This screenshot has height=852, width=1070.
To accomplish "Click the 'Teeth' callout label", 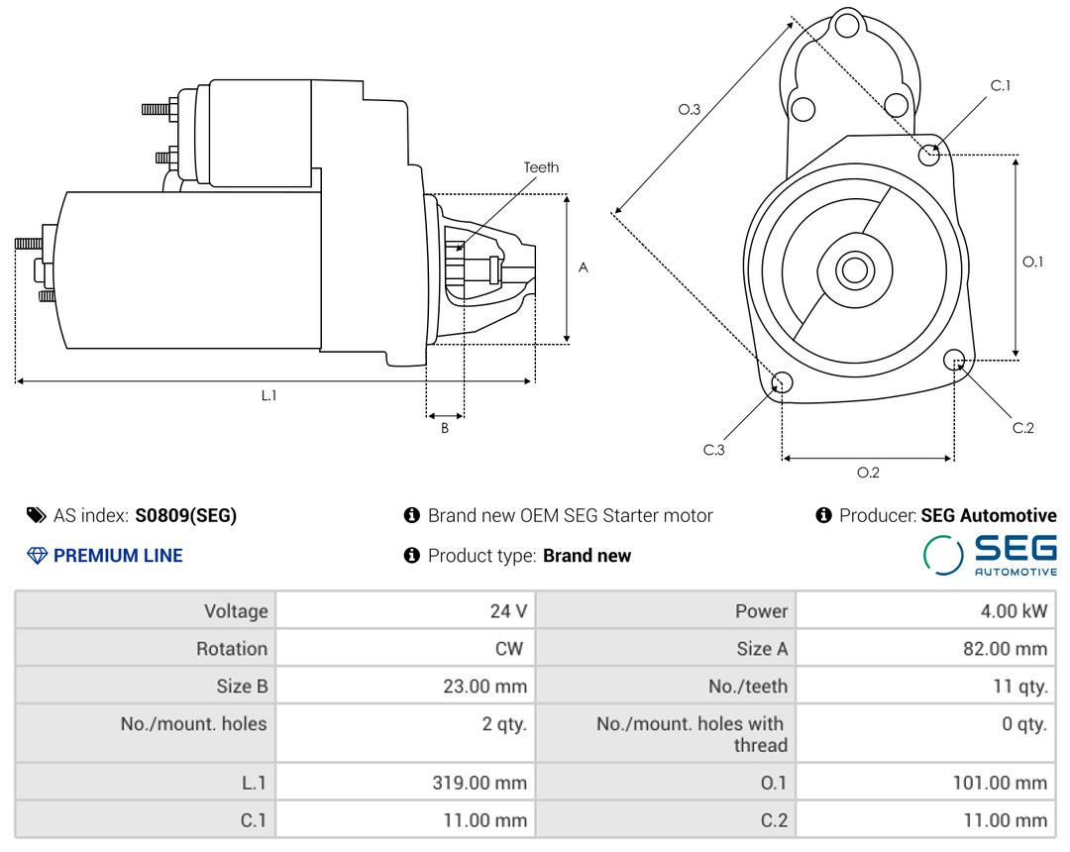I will click(541, 167).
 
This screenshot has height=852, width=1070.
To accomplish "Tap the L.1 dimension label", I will click(268, 395).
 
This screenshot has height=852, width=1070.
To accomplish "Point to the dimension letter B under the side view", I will click(445, 428).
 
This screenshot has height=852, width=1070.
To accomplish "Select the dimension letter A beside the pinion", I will click(584, 267).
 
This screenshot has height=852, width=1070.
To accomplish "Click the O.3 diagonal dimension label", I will click(690, 110).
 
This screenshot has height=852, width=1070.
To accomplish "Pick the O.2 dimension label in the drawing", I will click(868, 473).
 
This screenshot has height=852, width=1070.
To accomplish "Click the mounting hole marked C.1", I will click(929, 154).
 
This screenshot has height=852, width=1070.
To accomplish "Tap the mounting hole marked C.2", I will click(955, 359).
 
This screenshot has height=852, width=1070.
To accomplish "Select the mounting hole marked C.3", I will click(782, 383).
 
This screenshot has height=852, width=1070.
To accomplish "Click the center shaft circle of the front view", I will click(852, 269).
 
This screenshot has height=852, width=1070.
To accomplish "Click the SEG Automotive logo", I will click(990, 555).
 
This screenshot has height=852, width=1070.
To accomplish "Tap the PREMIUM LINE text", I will click(118, 556).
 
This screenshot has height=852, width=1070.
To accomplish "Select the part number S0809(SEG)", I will click(186, 515).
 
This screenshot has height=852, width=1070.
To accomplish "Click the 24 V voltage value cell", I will click(508, 611).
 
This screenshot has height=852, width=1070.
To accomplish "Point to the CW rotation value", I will click(514, 649).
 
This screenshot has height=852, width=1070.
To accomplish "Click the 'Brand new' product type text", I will click(587, 556).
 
